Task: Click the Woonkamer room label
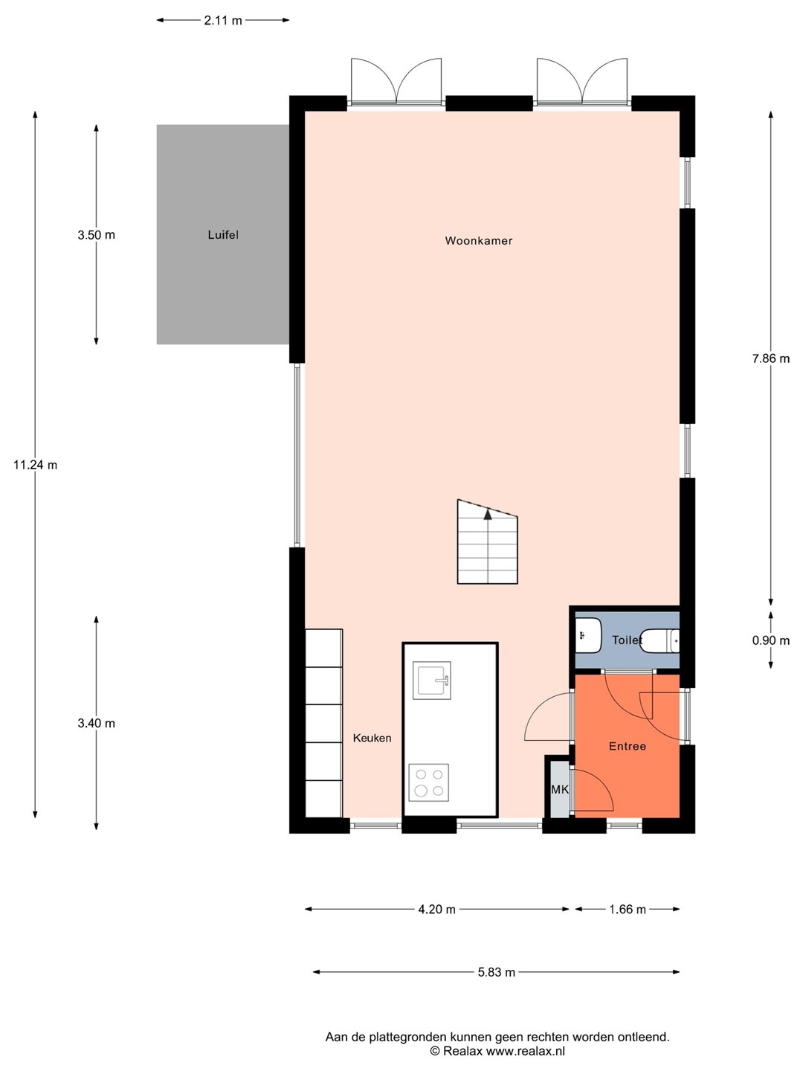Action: click(x=478, y=240)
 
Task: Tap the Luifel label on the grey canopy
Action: click(x=223, y=235)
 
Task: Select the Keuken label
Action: click(x=372, y=738)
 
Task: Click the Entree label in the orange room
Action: click(x=628, y=746)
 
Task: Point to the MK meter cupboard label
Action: click(x=560, y=789)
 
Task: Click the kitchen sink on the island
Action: click(x=431, y=681)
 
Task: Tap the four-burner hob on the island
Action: click(x=428, y=782)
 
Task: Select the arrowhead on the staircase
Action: click(x=488, y=514)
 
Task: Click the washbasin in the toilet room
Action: click(x=588, y=635)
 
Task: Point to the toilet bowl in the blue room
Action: click(x=660, y=640)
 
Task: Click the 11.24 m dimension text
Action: click(x=35, y=465)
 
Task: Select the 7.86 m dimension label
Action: click(x=771, y=358)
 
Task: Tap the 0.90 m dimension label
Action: click(x=771, y=640)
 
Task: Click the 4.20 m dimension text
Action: click(x=437, y=909)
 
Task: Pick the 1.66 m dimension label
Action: click(x=628, y=909)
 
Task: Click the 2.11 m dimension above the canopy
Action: click(x=223, y=21)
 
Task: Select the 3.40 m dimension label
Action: click(x=97, y=723)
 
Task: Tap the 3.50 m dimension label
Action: click(x=97, y=235)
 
